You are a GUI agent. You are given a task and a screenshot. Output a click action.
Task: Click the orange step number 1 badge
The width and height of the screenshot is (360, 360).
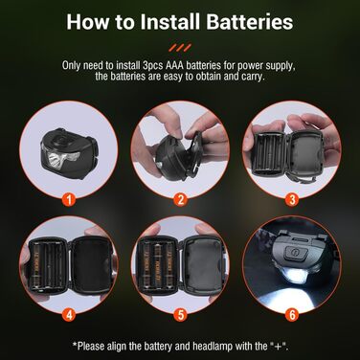tap(67, 200)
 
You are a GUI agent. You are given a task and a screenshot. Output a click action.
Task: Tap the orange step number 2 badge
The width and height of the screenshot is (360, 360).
tap(179, 200)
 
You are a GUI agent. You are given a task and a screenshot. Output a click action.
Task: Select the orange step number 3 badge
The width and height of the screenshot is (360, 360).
tap(291, 200)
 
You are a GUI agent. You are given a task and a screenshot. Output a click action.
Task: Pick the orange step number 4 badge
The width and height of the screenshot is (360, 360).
tap(67, 312)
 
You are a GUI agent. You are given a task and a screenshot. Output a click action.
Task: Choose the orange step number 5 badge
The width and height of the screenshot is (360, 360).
tap(179, 312)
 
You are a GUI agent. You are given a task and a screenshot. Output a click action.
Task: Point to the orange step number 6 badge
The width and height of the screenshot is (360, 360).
tap(291, 312)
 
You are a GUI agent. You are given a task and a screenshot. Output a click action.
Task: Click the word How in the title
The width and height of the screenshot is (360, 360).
tap(101, 21)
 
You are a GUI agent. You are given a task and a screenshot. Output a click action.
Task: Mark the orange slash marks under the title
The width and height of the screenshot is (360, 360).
tap(179, 45)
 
